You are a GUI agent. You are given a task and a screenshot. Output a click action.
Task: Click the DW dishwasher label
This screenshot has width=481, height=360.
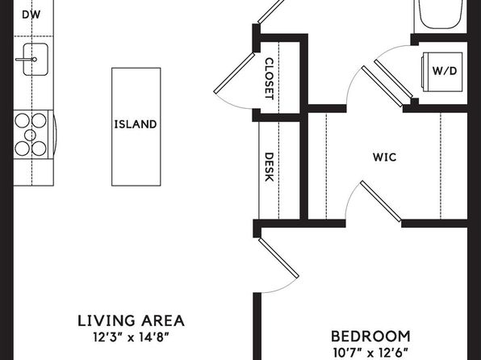pos(31,15)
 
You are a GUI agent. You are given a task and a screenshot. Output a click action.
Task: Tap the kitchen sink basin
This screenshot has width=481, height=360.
pos(36,59)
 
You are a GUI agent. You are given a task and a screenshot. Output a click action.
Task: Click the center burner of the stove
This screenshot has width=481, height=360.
pos(31,135)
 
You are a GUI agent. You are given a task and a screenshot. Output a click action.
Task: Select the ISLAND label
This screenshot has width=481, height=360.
pos(136,124)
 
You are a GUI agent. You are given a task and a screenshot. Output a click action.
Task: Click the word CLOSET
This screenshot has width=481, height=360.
pos(269,78)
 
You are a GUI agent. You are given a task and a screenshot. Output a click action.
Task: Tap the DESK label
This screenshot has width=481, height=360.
pos(269,167)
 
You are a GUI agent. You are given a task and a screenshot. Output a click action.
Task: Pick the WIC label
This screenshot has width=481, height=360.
pos(385,157)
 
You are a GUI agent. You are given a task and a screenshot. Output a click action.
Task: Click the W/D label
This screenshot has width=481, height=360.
pos(445,71)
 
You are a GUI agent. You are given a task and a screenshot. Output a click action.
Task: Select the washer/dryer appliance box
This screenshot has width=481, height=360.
pos(442,72)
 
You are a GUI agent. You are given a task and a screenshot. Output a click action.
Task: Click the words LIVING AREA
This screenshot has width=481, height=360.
pos(132,320)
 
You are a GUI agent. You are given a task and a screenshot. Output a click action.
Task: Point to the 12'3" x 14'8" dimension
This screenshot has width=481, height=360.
pos(132,337)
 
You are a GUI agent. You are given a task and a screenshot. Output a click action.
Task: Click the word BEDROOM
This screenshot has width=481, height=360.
pos(371,337)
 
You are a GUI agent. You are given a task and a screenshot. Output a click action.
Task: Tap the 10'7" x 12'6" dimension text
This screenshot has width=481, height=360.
pos(371,353)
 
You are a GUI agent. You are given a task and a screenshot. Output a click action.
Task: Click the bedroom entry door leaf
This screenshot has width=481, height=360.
pos(278,258)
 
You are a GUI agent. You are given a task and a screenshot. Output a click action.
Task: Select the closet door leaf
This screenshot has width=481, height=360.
pos(234,73)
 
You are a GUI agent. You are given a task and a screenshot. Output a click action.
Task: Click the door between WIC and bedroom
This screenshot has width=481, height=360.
pos(380,201)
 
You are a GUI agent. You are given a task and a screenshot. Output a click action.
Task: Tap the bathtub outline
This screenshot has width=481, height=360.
pos(441,14)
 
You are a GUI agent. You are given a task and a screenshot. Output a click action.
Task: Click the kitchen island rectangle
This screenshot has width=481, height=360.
pos(136,127)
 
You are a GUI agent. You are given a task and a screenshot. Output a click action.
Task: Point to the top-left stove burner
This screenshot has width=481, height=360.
pos(22,120)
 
